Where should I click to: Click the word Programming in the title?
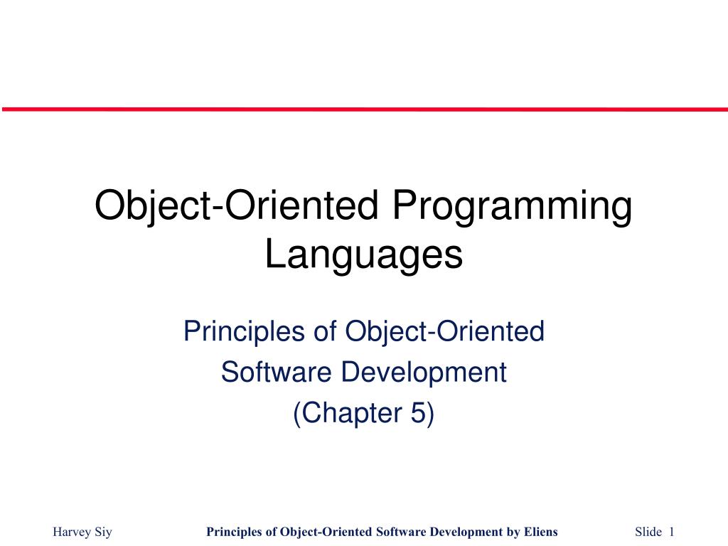[x=513, y=207]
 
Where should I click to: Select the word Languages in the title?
[x=364, y=256]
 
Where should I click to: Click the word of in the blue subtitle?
[x=325, y=331]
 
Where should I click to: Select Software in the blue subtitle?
[x=277, y=372]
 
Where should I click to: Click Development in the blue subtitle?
[x=424, y=373]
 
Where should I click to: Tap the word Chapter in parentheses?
[x=356, y=413]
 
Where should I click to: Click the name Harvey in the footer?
[x=72, y=532]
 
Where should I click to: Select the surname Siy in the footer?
[x=104, y=532]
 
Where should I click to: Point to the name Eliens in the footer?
[x=541, y=532]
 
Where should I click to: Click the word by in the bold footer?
[x=514, y=532]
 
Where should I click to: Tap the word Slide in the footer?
[x=648, y=532]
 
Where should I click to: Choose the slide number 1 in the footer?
[x=671, y=532]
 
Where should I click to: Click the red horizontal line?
[x=365, y=109]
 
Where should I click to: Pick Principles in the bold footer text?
[x=235, y=532]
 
